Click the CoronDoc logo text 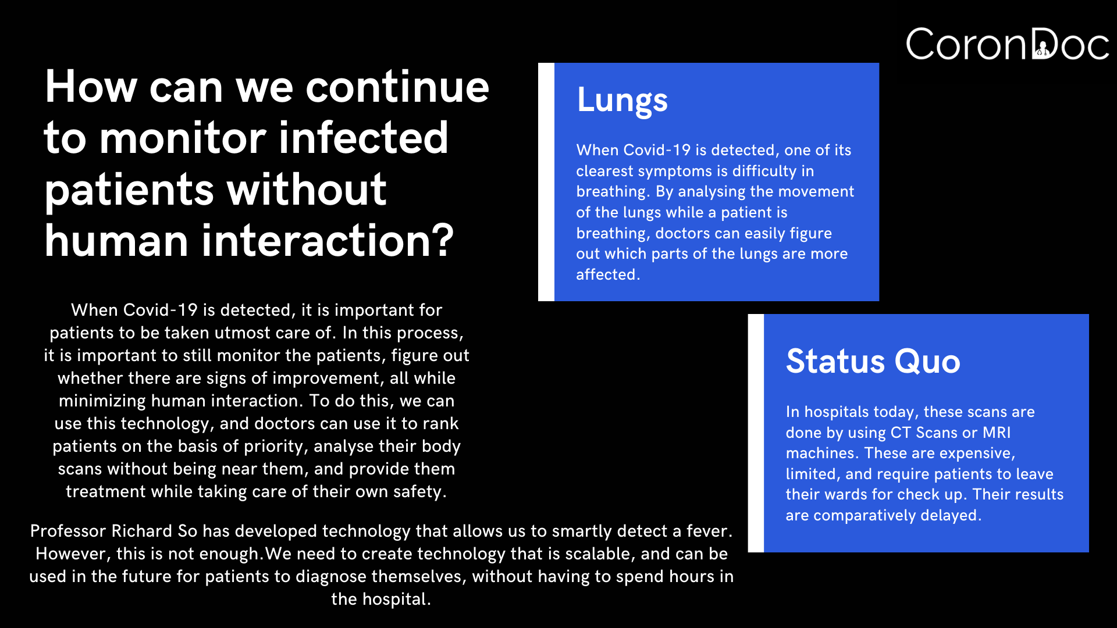(x=1008, y=44)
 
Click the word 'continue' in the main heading (x=397, y=87)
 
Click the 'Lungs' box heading (x=622, y=101)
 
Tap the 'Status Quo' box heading (x=873, y=361)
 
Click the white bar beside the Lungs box (x=546, y=182)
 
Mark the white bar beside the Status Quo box (x=756, y=433)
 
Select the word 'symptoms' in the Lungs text (x=675, y=172)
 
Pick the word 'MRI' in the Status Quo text (x=997, y=433)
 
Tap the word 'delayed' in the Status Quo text (x=949, y=515)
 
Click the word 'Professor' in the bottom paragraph (x=68, y=531)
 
